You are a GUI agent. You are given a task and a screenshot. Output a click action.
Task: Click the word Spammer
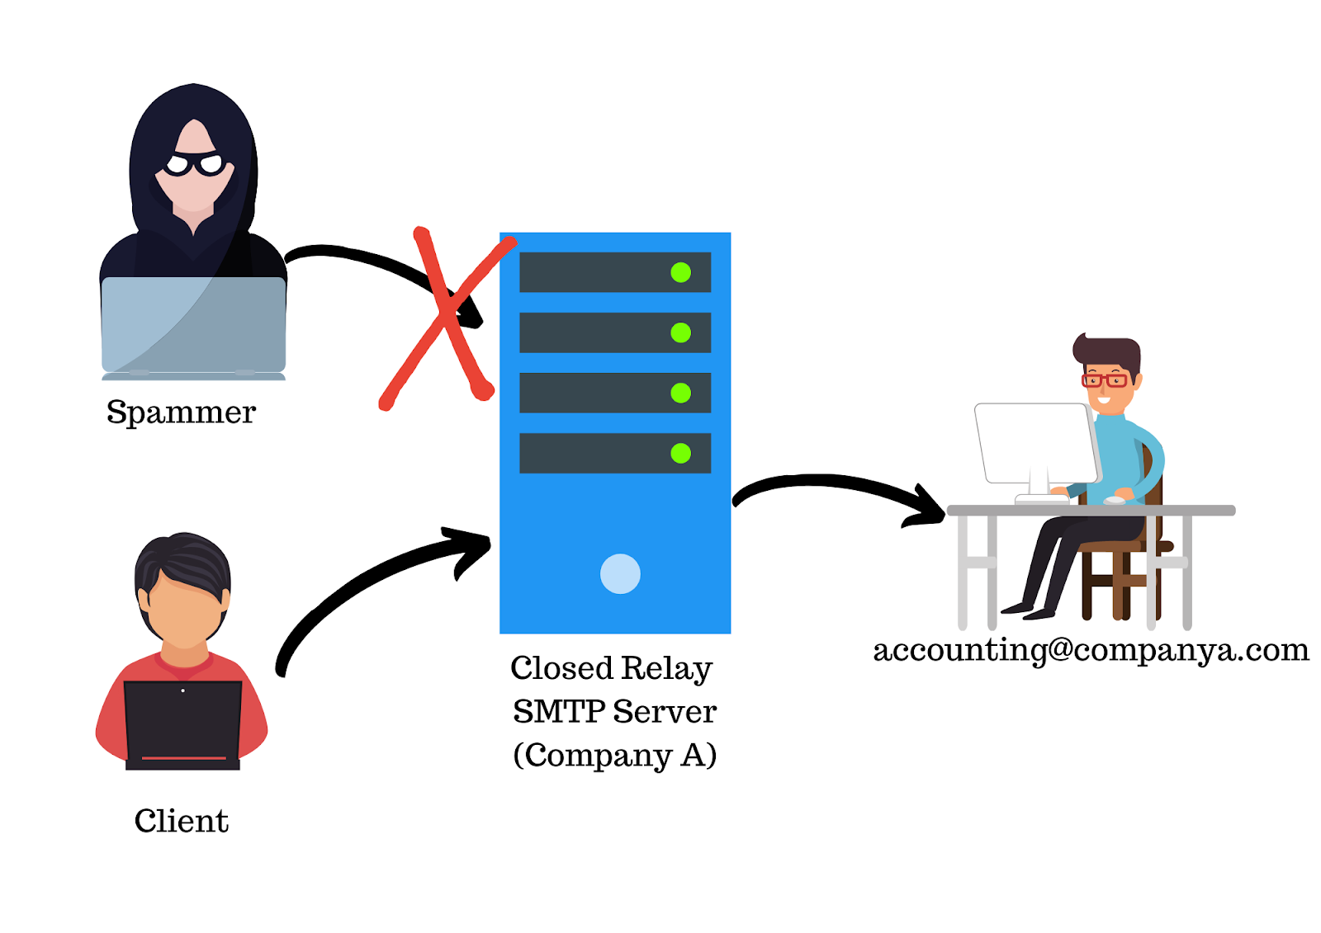coord(181,412)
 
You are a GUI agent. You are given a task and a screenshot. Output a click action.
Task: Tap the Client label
coord(181,821)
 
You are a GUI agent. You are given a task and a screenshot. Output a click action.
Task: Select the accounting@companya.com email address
coord(1091,650)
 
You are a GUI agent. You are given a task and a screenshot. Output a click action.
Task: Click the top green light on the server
coord(680,272)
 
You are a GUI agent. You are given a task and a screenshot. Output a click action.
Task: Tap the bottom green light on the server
coord(680,453)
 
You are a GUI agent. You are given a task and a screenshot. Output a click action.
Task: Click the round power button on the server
coord(620,574)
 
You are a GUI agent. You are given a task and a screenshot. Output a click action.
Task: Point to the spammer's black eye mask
coord(195,163)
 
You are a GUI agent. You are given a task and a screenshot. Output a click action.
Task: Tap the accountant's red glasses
coord(1105,380)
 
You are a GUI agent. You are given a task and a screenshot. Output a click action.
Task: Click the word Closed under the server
coord(561,668)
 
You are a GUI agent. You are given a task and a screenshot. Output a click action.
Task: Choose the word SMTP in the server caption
coord(558,711)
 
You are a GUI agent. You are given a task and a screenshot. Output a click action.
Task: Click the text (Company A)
coord(614,755)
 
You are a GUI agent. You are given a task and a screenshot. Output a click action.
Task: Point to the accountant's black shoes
coord(1028,610)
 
